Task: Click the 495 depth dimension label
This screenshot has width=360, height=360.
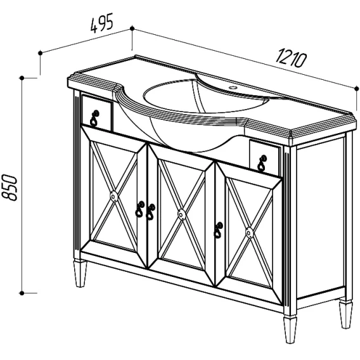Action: [x=101, y=23]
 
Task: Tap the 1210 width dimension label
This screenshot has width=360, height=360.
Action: [x=291, y=58]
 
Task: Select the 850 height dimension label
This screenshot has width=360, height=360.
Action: [x=10, y=188]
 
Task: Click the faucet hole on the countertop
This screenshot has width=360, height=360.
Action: [x=234, y=87]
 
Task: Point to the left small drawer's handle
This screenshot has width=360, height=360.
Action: [x=94, y=118]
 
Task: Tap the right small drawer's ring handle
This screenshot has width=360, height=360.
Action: [x=262, y=164]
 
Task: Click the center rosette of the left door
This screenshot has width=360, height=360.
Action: [x=114, y=196]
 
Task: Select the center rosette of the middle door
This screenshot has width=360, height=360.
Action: [x=182, y=214]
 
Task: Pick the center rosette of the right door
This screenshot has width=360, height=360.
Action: [x=249, y=233]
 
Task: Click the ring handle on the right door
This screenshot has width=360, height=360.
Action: [x=218, y=230]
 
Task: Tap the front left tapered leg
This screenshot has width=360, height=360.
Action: [x=80, y=273]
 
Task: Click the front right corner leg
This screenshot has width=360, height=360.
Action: [x=290, y=330]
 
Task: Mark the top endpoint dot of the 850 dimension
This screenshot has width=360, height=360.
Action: [x=22, y=78]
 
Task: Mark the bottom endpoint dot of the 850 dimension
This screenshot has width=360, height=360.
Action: [x=22, y=293]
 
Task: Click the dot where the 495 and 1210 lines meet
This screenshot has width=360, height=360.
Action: [x=132, y=29]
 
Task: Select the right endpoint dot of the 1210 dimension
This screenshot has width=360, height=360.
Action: [x=357, y=88]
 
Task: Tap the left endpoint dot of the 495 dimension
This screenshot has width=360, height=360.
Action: [x=41, y=53]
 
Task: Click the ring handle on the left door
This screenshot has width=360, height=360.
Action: [x=140, y=209]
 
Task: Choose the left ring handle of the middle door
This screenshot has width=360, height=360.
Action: [x=150, y=212]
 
